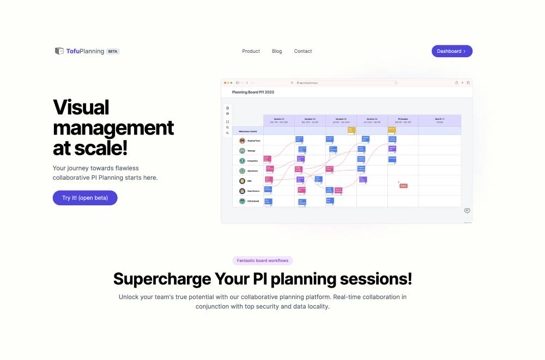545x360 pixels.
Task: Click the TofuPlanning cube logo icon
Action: coord(59,51)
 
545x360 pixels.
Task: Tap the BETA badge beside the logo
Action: coord(113,51)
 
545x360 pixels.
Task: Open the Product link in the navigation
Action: coord(251,51)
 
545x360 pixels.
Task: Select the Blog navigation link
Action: coord(277,51)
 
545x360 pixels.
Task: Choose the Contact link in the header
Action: coord(303,51)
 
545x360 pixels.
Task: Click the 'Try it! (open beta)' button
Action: coord(85,198)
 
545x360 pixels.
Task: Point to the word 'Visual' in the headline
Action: coord(81,107)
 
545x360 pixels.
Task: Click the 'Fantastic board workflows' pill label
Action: coord(263,261)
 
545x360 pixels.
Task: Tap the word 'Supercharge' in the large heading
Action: coord(162,279)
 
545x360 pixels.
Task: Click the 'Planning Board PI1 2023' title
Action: coord(253,92)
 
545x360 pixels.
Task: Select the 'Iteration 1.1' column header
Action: coord(279,120)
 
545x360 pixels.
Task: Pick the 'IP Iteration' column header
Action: coord(403,120)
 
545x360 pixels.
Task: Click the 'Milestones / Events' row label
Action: coord(248,131)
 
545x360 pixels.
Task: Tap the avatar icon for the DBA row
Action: coord(242,181)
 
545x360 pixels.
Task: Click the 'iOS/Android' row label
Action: coord(252,201)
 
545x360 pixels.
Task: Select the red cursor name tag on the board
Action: coord(403,186)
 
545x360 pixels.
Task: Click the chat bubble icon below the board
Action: coord(467,211)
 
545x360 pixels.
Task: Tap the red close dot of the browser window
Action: coord(225,83)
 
